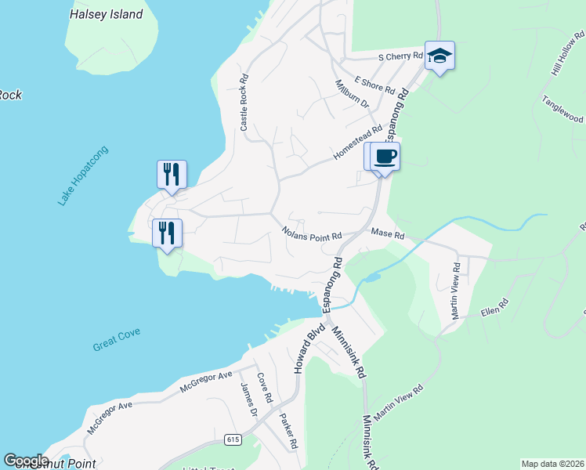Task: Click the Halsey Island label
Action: [106, 14]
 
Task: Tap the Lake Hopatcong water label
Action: [82, 176]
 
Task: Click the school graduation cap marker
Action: [439, 56]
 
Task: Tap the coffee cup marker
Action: [385, 156]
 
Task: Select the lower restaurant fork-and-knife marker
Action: [167, 233]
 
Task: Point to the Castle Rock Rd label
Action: [244, 103]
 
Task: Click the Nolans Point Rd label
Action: [312, 234]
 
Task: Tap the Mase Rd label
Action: [387, 234]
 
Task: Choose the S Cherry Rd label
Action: [400, 56]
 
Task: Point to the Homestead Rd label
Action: [357, 140]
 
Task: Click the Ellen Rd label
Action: [494, 307]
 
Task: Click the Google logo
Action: [26, 461]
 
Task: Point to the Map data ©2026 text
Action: [552, 464]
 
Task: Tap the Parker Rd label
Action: [288, 432]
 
